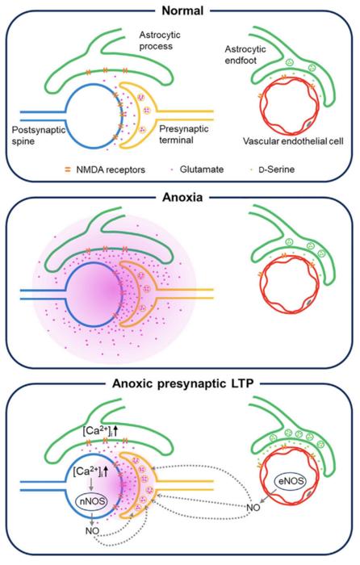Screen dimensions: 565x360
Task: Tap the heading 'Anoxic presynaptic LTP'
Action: (x=180, y=383)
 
